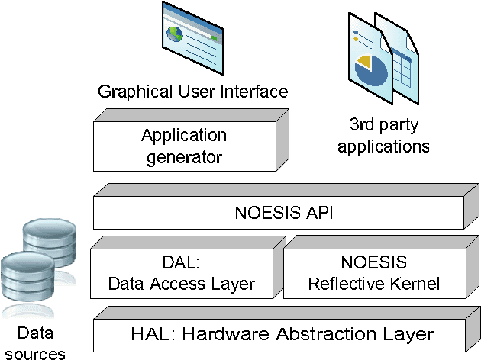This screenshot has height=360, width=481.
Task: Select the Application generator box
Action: click(184, 146)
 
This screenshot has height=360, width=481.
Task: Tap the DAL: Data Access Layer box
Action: click(181, 274)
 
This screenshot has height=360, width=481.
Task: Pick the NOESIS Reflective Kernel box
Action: click(373, 274)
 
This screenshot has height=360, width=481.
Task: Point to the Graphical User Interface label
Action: click(192, 92)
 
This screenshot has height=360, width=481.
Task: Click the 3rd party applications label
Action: click(383, 135)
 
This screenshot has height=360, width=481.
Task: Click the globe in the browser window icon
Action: click(177, 35)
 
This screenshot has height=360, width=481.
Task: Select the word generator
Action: click(184, 157)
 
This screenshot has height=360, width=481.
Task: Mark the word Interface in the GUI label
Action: click(256, 92)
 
